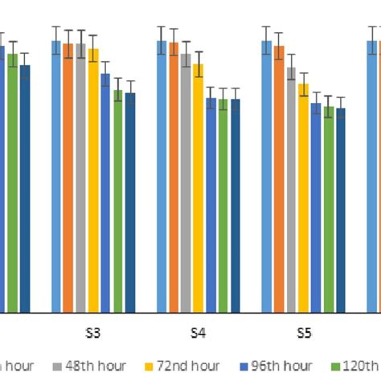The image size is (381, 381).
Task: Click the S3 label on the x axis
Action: click(93, 333)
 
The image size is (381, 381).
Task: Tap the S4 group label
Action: click(199, 333)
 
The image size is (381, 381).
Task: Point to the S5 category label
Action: click(304, 333)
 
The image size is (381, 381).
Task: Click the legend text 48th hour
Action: click(97, 367)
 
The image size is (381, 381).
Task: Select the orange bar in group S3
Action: click(68, 178)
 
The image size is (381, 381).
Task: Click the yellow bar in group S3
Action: click(93, 180)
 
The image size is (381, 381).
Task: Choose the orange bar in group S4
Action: click(174, 178)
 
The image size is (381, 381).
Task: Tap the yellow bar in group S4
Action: click(199, 188)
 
